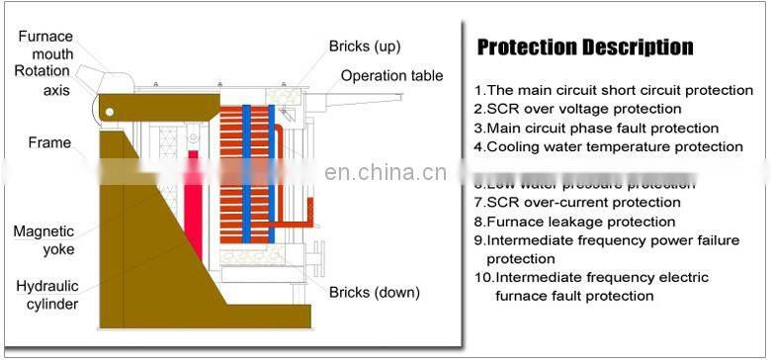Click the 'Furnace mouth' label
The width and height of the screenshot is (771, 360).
point(46,45)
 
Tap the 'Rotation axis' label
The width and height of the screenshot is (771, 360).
point(43,80)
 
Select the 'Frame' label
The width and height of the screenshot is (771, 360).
point(49,143)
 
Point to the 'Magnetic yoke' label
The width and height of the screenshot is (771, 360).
point(43,240)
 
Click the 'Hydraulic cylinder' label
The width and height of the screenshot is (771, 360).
point(46,295)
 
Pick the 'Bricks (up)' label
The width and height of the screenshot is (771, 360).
point(365,46)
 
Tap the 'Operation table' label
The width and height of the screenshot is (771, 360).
point(391,76)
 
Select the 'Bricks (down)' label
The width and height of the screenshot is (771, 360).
point(375,292)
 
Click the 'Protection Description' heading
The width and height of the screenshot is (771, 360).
point(585,47)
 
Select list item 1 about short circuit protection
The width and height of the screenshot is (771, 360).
point(613,90)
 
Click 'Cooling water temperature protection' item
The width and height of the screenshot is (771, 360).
point(608,146)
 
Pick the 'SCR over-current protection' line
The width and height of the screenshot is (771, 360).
point(576,203)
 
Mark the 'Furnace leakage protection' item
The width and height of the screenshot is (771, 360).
point(574,222)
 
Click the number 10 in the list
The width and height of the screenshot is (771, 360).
point(483,278)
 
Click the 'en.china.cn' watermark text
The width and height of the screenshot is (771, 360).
point(385,173)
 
